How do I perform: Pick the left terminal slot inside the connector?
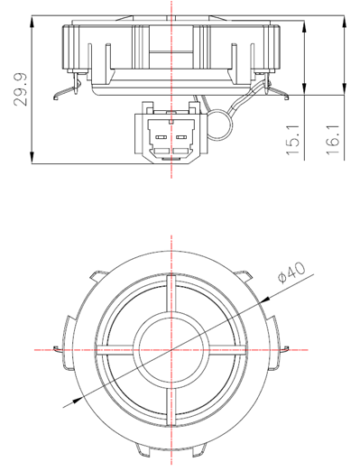coord(161,139)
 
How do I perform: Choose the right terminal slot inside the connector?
coord(180,139)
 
